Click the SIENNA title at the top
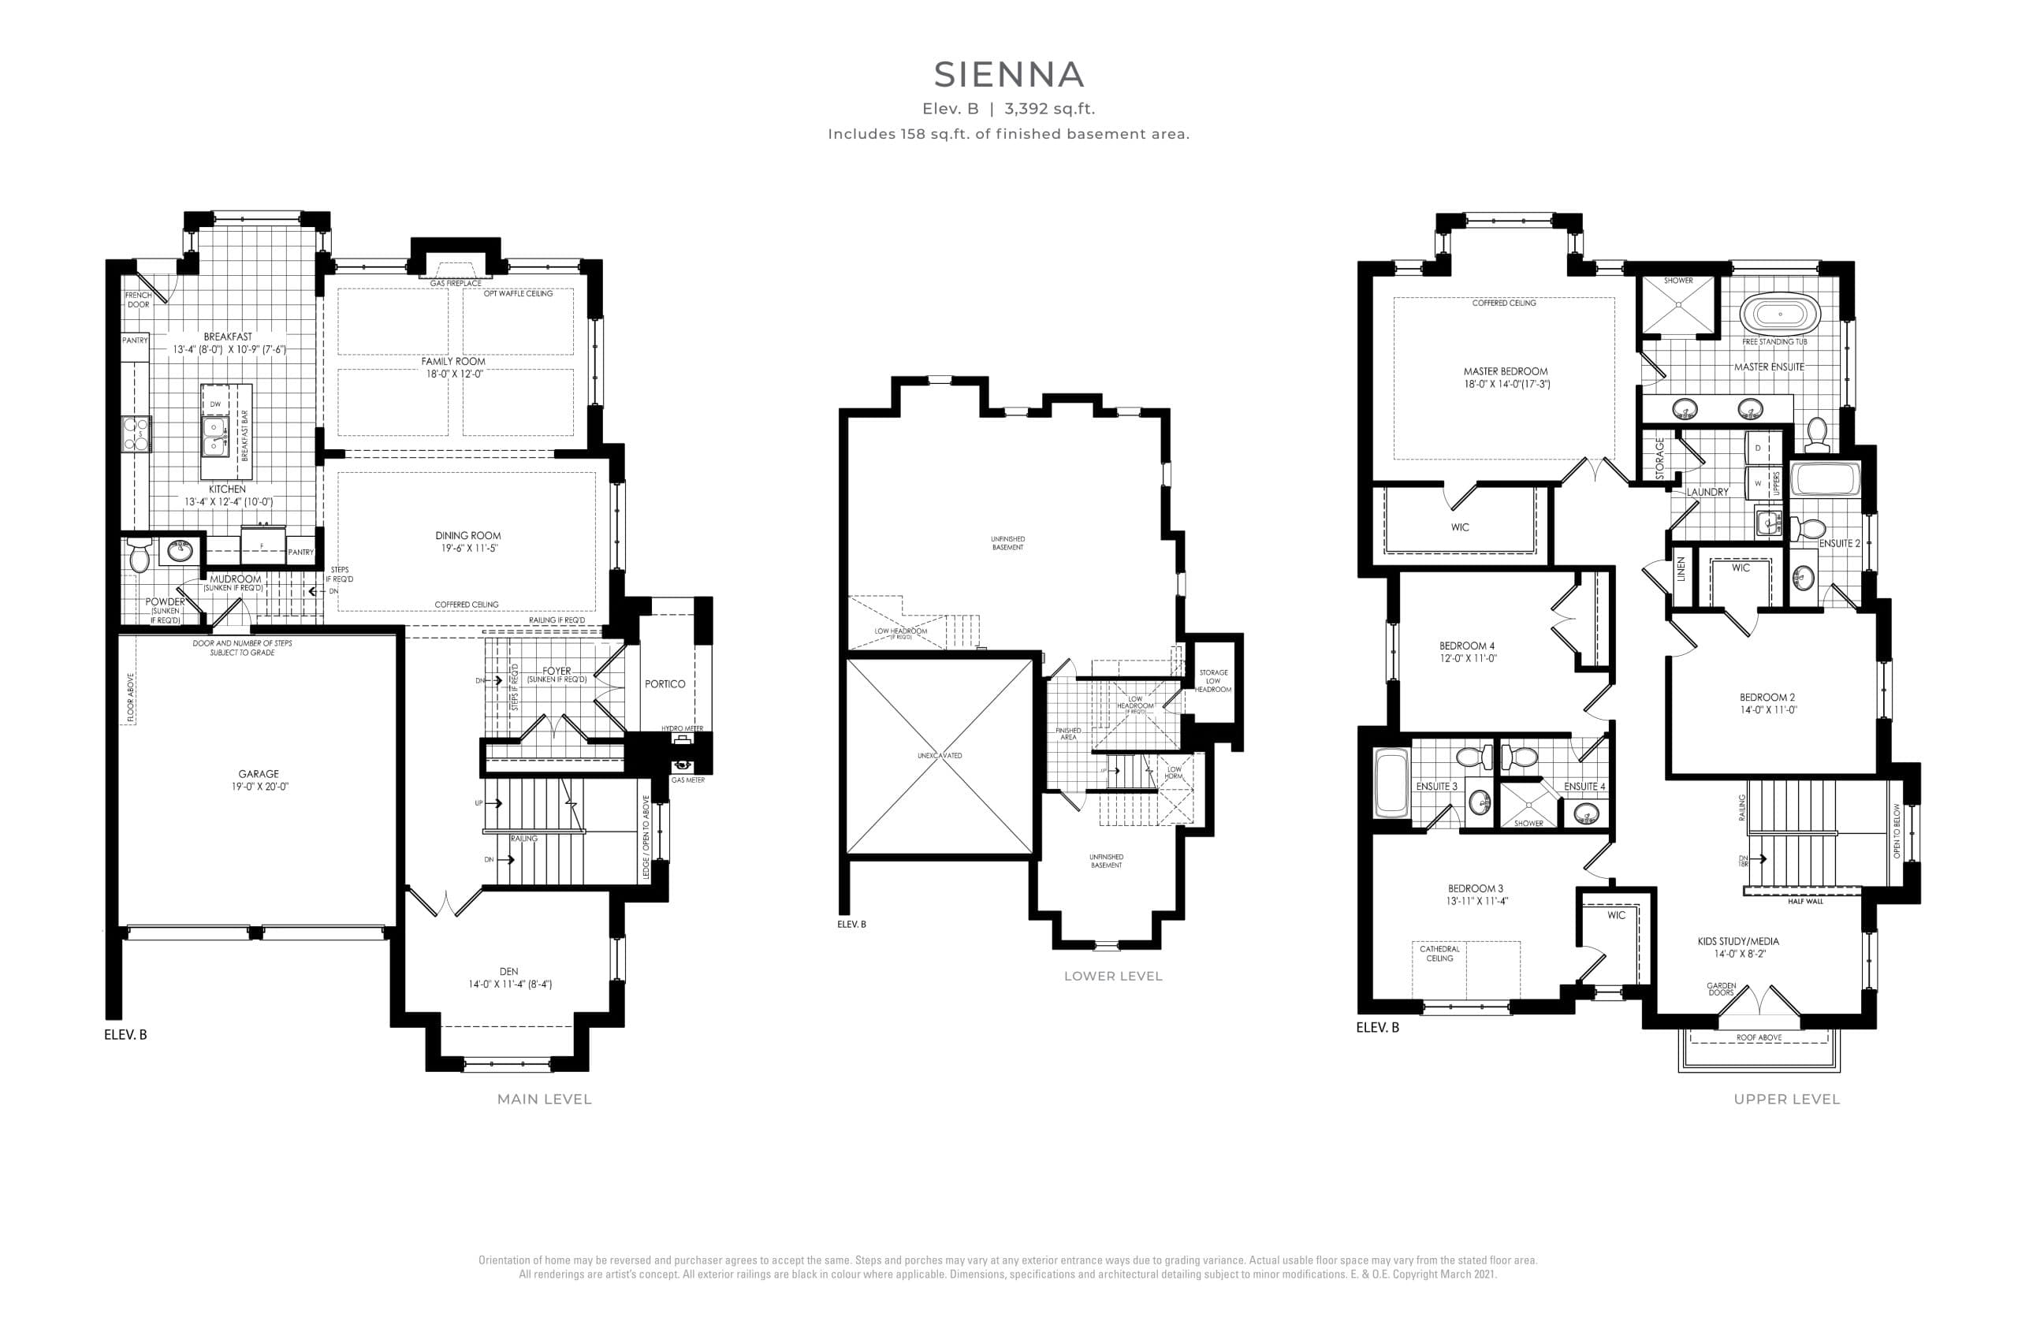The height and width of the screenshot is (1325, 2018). [1008, 76]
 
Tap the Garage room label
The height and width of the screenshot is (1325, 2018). [258, 774]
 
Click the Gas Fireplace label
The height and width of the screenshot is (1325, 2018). [456, 283]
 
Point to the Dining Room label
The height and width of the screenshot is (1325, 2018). [468, 536]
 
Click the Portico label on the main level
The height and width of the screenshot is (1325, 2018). [665, 684]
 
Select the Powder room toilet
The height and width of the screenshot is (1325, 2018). [139, 556]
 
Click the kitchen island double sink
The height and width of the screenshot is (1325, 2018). [214, 436]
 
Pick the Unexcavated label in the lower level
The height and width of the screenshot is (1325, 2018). [940, 755]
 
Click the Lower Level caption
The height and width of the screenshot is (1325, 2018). [1112, 977]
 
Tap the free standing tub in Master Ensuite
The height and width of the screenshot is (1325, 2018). [1780, 315]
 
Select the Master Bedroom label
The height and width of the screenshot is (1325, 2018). [1505, 371]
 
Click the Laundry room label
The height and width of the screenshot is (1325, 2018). [1707, 493]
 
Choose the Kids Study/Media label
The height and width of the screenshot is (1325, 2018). [1737, 941]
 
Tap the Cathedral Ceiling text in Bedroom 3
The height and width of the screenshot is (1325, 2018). [1439, 954]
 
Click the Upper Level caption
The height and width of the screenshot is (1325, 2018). [1786, 1100]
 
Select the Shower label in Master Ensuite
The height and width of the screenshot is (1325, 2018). [1678, 281]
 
